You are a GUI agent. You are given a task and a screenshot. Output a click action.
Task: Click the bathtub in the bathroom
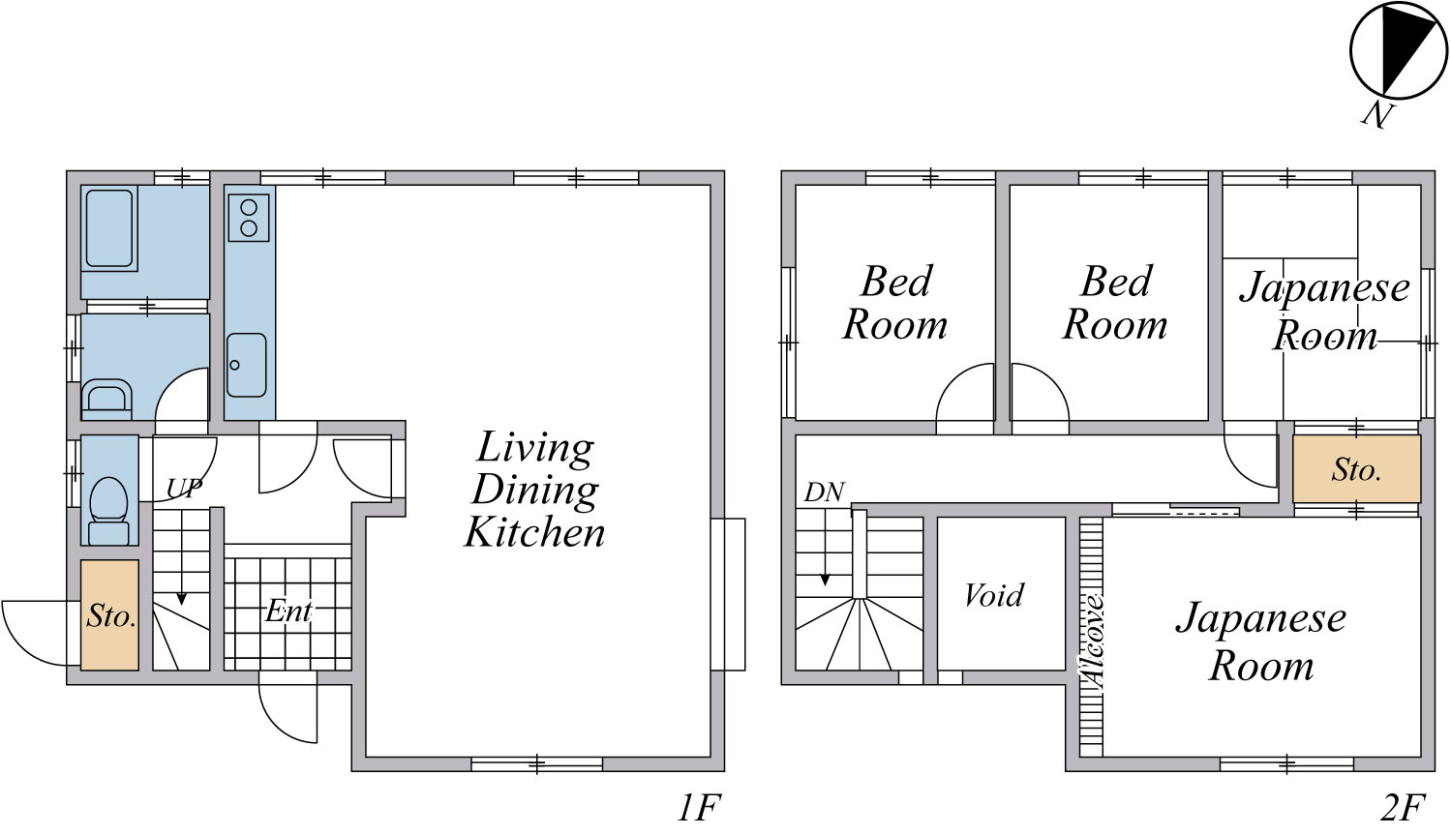point(109,228)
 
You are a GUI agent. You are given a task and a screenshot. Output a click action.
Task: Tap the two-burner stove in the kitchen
point(249,218)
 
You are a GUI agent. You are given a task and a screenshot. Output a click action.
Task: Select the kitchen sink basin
point(247,365)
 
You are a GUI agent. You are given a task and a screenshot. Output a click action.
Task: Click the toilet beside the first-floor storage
point(108,511)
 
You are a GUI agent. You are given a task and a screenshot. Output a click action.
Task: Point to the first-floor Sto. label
point(111,615)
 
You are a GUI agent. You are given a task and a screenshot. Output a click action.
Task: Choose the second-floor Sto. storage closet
point(1356,468)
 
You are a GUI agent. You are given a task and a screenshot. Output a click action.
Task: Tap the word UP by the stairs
point(185,488)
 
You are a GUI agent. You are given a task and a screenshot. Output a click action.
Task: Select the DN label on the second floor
point(824,492)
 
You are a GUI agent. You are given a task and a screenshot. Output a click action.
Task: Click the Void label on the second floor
point(994,595)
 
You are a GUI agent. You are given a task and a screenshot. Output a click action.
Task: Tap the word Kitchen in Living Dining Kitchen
point(534,532)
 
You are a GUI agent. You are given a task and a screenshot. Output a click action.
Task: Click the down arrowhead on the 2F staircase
point(825,580)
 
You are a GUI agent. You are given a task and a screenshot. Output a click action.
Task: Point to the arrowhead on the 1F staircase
point(181,599)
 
